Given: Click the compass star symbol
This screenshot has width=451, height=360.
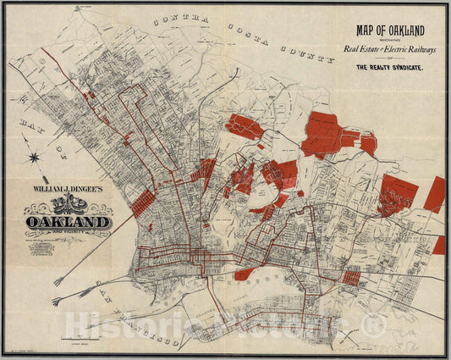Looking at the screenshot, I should [34, 158].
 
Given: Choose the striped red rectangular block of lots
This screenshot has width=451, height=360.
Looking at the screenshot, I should [145, 203].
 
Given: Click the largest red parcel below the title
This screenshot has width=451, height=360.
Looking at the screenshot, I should [327, 133].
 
